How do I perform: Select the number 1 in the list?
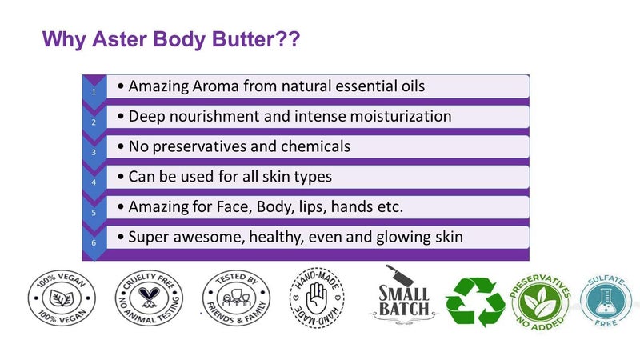(94, 92)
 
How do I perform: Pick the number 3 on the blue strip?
(94, 152)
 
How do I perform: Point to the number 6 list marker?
(94, 243)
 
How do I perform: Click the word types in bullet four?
(307, 176)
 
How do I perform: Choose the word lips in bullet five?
(315, 206)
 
